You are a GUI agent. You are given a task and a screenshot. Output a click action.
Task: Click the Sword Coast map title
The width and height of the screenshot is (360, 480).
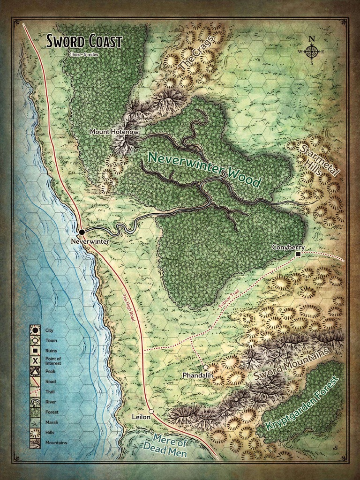point(84,41)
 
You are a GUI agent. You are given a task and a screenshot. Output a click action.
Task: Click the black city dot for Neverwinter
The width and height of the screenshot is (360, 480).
point(82,232)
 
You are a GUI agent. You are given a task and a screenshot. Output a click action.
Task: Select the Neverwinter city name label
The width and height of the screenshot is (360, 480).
point(90,241)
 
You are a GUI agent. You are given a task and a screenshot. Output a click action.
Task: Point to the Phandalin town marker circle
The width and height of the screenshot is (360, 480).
point(205,367)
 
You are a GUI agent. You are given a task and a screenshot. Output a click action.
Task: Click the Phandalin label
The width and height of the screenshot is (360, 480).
point(198,376)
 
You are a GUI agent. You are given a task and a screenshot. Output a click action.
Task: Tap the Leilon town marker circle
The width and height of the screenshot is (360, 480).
point(151,412)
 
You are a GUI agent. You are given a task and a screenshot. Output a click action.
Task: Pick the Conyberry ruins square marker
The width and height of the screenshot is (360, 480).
point(298,254)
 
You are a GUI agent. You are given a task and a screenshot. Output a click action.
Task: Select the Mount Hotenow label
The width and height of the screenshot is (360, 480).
point(114,132)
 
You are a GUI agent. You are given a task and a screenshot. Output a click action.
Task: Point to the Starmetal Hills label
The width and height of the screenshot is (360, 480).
point(320,159)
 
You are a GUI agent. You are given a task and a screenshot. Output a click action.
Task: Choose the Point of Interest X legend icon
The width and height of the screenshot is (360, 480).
point(35,360)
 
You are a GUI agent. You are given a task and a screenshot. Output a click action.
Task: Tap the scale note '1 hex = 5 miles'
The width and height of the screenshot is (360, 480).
point(84,55)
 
